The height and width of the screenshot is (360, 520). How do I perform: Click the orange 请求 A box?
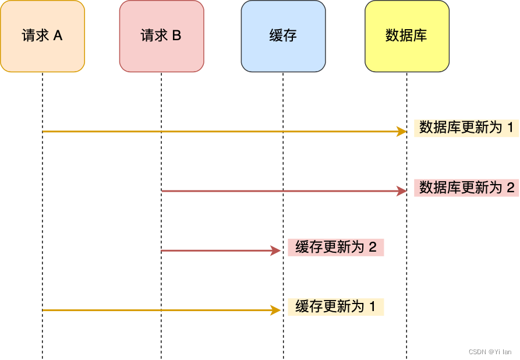[43, 36]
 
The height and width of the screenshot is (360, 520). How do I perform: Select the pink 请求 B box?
[161, 36]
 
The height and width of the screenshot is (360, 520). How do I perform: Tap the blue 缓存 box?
[283, 36]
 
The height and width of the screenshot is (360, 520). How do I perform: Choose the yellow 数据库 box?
[406, 36]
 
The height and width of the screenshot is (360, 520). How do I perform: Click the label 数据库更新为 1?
[466, 128]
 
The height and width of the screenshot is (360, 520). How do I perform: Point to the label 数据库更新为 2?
[466, 188]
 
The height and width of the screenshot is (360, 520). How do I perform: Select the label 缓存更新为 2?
[335, 247]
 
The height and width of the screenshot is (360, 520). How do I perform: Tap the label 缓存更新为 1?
[335, 306]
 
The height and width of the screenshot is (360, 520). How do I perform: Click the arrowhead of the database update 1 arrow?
[402, 132]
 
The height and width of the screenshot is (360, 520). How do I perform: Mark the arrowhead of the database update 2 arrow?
[402, 191]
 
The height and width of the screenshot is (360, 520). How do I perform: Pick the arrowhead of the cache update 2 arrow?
[277, 251]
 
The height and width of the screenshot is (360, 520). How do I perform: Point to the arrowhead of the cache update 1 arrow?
[277, 310]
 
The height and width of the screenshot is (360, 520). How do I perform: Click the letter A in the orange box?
[58, 36]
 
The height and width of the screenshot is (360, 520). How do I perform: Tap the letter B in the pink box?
[176, 36]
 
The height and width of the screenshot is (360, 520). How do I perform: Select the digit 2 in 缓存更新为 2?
[373, 247]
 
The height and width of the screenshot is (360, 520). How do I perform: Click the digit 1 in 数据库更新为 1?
[511, 128]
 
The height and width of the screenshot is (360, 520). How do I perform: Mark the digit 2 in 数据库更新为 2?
[511, 188]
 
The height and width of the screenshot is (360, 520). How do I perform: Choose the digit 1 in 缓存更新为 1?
[373, 306]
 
